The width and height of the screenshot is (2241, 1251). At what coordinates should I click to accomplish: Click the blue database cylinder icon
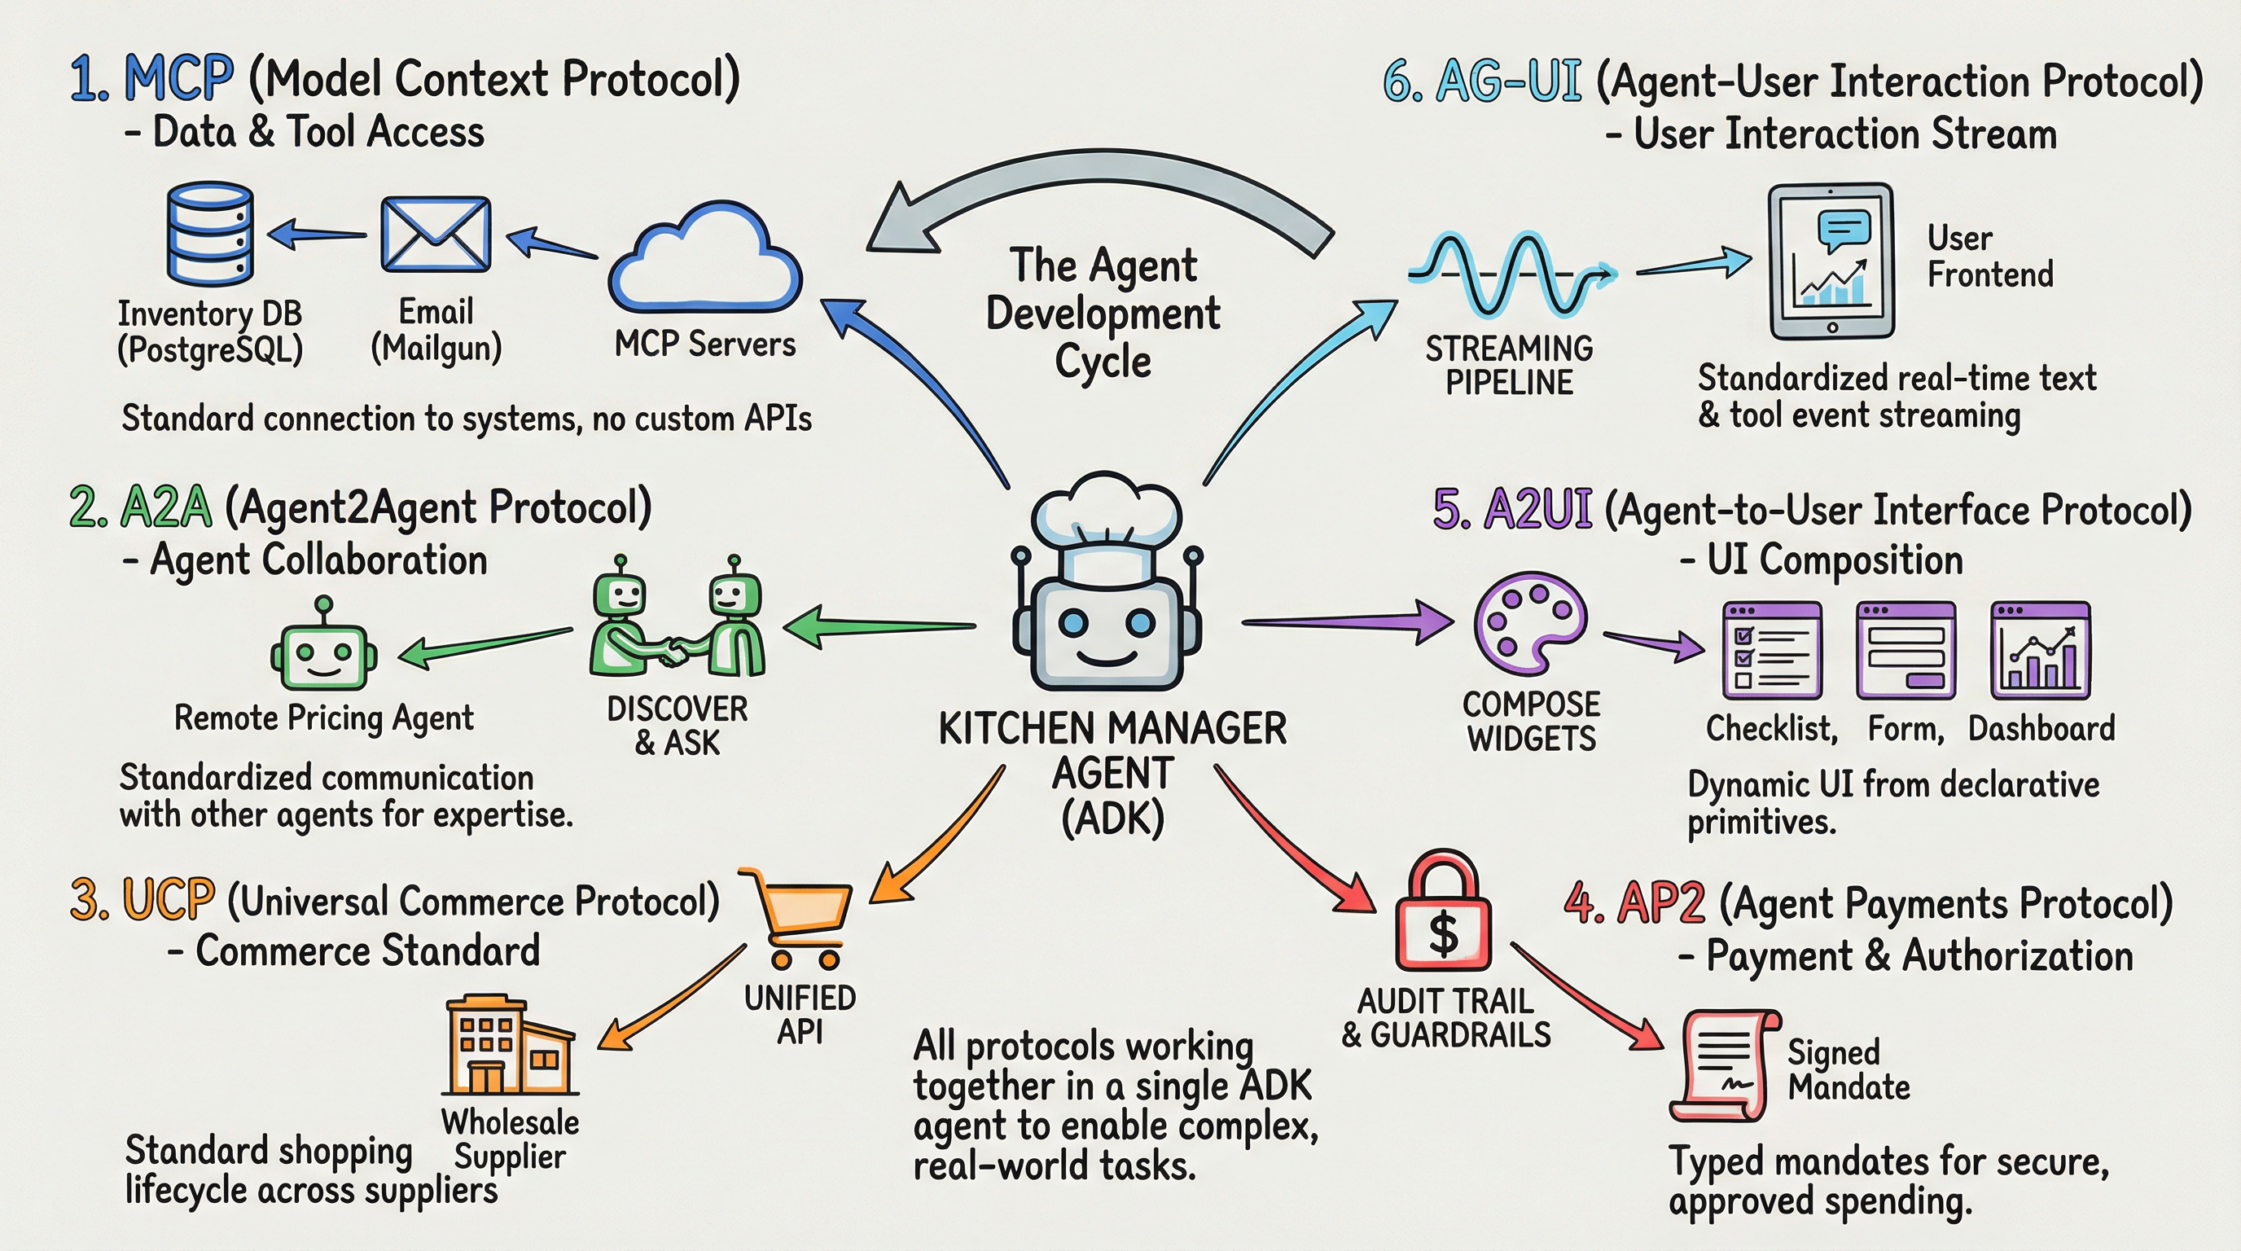[209, 233]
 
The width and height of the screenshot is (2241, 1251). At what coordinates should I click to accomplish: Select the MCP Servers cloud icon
[704, 258]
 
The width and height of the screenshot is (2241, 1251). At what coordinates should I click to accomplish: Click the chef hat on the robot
[1106, 522]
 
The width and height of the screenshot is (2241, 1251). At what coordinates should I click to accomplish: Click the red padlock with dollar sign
[1443, 914]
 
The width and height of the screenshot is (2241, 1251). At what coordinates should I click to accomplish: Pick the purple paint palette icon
[1530, 623]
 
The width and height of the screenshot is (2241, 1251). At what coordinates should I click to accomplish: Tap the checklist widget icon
[1772, 650]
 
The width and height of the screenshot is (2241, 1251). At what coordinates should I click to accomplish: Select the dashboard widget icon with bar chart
[2040, 650]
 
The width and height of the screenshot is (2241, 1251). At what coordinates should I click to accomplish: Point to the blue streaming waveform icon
[1510, 273]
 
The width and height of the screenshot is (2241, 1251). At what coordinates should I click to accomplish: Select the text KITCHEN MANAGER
[1112, 729]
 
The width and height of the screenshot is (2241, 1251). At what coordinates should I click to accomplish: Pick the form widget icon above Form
[1906, 650]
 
